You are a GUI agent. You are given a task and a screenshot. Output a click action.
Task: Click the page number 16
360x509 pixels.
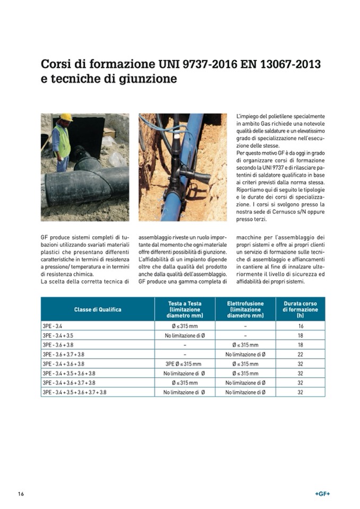[21, 494]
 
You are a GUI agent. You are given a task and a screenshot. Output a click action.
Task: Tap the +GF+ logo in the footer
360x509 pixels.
[322, 494]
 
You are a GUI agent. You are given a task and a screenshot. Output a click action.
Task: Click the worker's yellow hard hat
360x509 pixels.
[66, 117]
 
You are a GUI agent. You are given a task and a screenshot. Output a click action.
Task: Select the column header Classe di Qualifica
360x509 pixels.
[97, 309]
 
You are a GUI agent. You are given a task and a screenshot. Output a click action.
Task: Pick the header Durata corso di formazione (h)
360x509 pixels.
[300, 309]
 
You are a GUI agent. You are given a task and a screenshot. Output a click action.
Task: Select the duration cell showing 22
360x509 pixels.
[300, 354]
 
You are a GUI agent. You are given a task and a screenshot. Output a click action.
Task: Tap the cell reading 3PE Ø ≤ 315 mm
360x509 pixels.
[184, 364]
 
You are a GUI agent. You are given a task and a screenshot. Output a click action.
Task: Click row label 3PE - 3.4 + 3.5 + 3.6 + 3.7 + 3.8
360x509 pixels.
[74, 392]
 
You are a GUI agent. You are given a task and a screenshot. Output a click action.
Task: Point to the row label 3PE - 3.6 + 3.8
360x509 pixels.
[58, 345]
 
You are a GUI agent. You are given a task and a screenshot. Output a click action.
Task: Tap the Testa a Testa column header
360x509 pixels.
[184, 309]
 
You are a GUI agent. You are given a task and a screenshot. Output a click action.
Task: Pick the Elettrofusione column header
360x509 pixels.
[245, 309]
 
